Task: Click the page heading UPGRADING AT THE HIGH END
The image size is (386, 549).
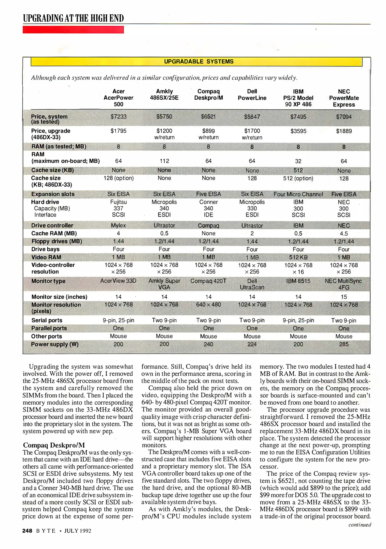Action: tap(73, 18)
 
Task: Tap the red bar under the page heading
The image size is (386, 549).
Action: tap(73, 30)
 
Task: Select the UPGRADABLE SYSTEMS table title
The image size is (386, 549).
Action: tap(198, 62)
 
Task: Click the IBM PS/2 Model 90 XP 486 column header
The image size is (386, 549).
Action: tap(298, 98)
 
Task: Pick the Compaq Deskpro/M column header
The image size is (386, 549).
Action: tap(208, 95)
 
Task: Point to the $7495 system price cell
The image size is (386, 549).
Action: tap(298, 117)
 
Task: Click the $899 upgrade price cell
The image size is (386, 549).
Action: tap(208, 131)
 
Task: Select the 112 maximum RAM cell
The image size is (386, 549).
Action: tap(164, 161)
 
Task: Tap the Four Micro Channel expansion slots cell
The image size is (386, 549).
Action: tap(298, 194)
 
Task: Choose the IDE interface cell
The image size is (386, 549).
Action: tap(208, 215)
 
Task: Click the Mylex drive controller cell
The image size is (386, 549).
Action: tap(118, 225)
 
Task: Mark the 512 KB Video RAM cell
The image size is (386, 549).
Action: tap(298, 257)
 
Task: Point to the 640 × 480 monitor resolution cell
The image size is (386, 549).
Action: tap(208, 304)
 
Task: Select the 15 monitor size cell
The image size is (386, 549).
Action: tap(344, 297)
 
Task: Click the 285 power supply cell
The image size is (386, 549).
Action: tap(344, 344)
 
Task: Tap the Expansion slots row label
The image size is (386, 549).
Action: tap(53, 194)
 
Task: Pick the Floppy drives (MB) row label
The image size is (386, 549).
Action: tap(56, 241)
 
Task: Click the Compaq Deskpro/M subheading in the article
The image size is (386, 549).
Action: tap(54, 445)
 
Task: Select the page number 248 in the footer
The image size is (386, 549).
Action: tap(27, 531)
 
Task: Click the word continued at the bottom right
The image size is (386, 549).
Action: tap(360, 525)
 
